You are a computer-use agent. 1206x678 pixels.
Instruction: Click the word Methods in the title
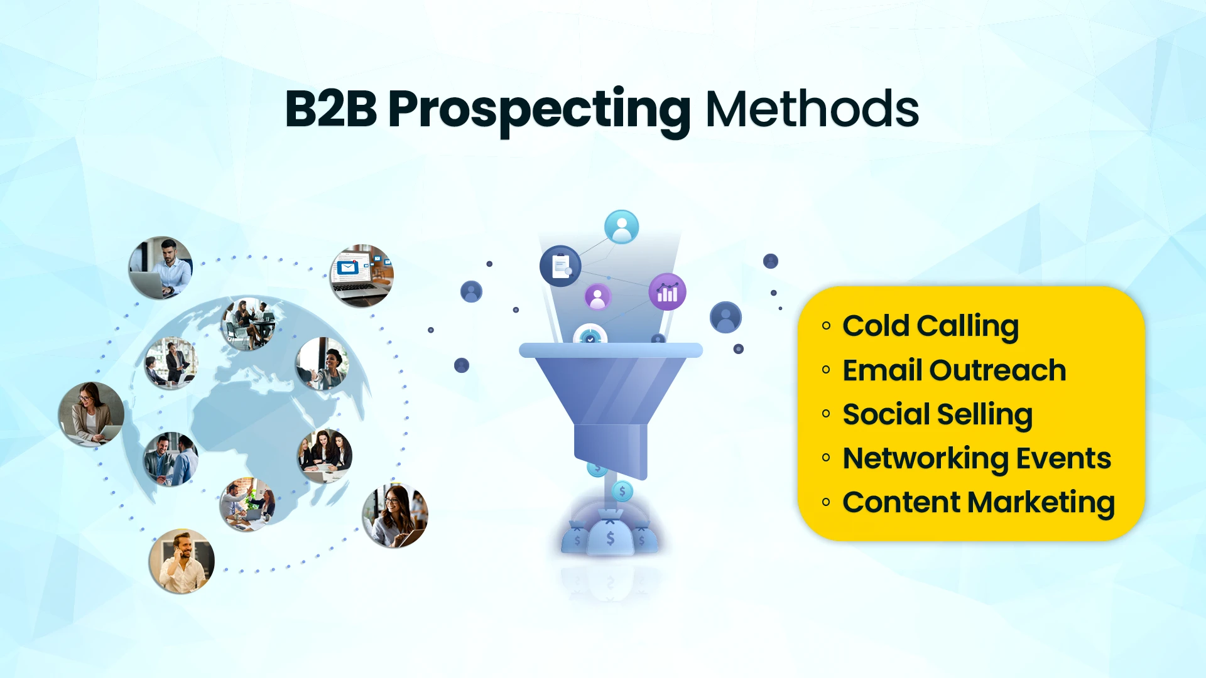[x=812, y=109]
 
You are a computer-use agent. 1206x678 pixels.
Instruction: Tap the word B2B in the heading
[x=330, y=109]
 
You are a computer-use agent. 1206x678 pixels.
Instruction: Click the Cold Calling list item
[x=930, y=326]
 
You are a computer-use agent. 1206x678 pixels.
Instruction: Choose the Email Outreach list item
[x=954, y=370]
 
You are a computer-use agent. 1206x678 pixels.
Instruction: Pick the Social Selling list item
[x=937, y=414]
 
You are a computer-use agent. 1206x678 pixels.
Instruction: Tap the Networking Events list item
[x=977, y=458]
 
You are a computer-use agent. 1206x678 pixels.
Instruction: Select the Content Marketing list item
[x=979, y=502]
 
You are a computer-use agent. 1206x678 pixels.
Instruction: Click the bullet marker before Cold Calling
[x=826, y=325]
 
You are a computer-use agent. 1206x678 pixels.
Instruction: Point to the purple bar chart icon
[x=667, y=292]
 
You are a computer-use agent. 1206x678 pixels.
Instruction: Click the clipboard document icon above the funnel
[x=560, y=266]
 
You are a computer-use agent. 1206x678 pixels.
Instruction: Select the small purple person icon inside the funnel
[x=598, y=297]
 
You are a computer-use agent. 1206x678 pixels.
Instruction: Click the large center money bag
[x=610, y=535]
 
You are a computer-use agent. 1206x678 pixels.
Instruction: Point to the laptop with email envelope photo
[x=362, y=275]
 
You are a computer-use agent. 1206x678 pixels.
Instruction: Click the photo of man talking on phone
[x=182, y=561]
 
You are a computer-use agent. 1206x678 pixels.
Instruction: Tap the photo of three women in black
[x=325, y=456]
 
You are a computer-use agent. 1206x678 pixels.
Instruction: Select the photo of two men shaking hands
[x=171, y=459]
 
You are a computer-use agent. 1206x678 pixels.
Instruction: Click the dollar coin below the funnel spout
[x=622, y=491]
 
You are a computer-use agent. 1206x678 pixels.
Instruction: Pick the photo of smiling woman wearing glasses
[x=395, y=515]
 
